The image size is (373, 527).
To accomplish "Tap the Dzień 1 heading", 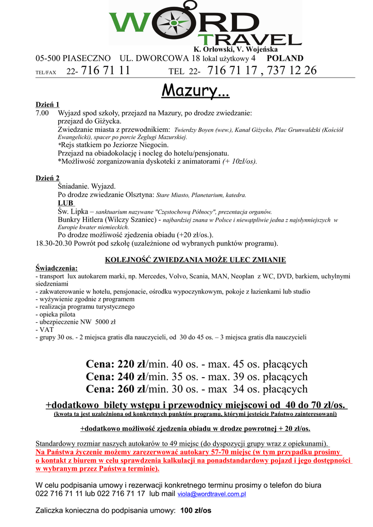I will [x=47, y=104].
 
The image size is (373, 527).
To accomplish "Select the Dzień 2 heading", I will [x=47, y=178].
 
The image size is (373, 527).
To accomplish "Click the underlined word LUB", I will [x=66, y=203].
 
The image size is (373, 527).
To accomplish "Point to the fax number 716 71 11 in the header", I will [x=106, y=71].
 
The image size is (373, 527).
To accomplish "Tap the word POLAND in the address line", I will [x=285, y=59].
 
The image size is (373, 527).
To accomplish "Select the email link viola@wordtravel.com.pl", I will [x=212, y=494].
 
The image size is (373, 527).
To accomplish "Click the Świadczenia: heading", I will [x=57, y=268].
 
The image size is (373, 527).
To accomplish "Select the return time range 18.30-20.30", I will [x=57, y=243].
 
